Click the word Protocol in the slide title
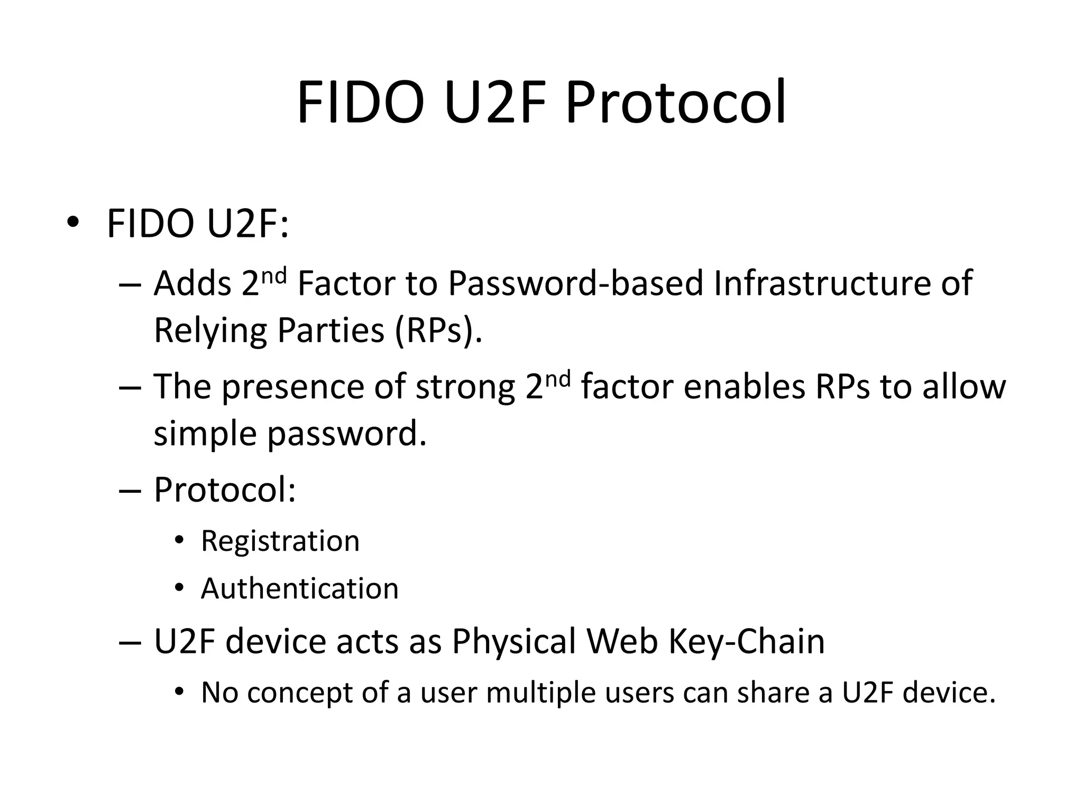click(x=675, y=103)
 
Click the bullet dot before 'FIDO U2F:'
click(x=73, y=223)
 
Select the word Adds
click(x=192, y=283)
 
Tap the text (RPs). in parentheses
click(x=438, y=331)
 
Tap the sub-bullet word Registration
click(x=280, y=541)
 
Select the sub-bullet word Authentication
click(x=299, y=588)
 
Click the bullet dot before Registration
click(x=180, y=540)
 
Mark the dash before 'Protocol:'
click(x=130, y=491)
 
